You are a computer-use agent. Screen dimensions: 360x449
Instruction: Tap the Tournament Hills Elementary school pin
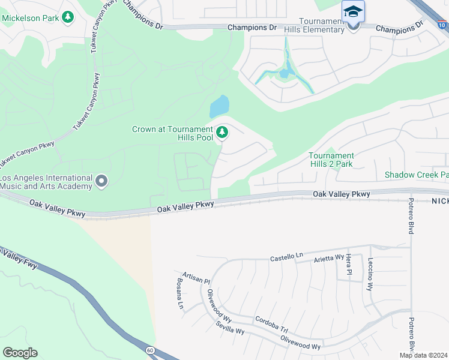(x=353, y=13)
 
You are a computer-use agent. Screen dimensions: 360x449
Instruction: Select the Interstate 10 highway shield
(x=442, y=25)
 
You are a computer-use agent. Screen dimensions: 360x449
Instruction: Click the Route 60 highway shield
(x=149, y=349)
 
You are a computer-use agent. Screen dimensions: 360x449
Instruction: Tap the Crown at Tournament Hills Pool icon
(x=223, y=132)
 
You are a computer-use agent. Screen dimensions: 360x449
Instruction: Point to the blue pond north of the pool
(x=219, y=107)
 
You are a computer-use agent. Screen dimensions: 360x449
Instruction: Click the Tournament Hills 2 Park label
(x=331, y=160)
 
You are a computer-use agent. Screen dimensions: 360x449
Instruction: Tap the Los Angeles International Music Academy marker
(x=101, y=181)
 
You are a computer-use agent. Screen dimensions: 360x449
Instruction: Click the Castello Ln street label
(x=286, y=257)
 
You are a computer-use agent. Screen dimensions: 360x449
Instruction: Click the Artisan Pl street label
(x=196, y=277)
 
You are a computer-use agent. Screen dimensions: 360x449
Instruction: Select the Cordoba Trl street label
(x=271, y=323)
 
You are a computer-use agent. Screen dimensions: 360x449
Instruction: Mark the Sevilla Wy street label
(x=231, y=328)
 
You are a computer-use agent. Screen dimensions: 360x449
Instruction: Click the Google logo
(x=20, y=352)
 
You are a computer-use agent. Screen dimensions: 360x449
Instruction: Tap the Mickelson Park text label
(x=30, y=17)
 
